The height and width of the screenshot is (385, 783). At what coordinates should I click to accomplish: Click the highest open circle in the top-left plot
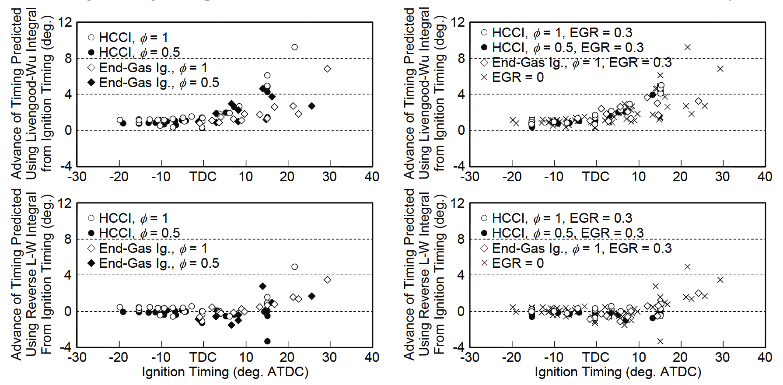(x=294, y=47)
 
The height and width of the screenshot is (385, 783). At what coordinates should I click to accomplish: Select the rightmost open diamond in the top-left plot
(x=327, y=69)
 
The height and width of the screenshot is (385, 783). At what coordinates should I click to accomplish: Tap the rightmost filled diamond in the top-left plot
(x=311, y=106)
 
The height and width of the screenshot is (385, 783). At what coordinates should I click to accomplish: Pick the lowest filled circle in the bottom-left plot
(x=267, y=341)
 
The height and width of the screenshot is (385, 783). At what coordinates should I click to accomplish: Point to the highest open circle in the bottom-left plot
(x=294, y=267)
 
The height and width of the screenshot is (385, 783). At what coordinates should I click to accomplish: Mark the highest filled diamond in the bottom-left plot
(x=262, y=286)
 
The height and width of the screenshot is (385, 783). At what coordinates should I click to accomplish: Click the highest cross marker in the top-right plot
(x=687, y=47)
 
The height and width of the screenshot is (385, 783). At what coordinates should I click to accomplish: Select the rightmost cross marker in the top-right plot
(x=720, y=69)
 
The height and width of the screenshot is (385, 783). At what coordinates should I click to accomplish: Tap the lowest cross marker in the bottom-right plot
(x=660, y=341)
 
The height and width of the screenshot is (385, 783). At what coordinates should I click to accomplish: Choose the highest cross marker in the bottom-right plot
(x=687, y=267)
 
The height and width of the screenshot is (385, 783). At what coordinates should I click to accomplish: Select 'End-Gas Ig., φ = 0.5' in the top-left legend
(x=159, y=83)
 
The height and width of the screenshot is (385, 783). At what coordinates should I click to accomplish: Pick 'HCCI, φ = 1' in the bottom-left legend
(x=133, y=218)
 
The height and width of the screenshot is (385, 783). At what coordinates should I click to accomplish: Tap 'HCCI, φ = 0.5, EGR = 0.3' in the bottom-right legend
(x=567, y=233)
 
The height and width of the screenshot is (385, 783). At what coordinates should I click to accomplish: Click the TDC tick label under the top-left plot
(x=203, y=177)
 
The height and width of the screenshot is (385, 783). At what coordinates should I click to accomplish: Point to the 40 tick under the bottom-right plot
(x=765, y=357)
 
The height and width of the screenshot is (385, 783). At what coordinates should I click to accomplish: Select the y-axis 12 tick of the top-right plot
(x=458, y=22)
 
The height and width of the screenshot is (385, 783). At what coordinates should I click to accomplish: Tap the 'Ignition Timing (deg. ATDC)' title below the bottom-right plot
(x=618, y=372)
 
